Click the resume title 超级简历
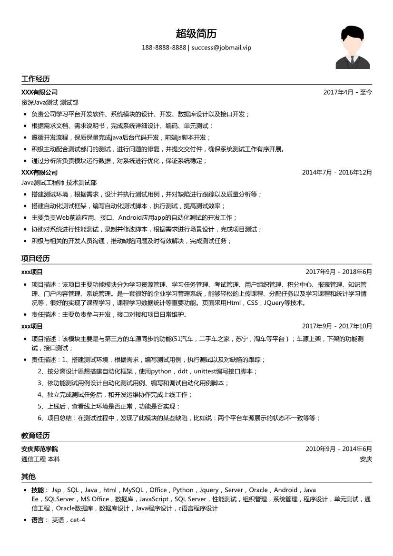[196, 34]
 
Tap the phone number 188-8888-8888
[164, 48]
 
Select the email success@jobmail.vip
[221, 48]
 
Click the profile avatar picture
[353, 48]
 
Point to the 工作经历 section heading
[35, 78]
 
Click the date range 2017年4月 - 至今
[347, 92]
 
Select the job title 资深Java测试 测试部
[50, 102]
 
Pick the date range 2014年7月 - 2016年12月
[337, 172]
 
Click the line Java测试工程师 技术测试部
[59, 182]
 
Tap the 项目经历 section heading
[35, 258]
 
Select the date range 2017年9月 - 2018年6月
[339, 272]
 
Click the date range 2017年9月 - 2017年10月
[337, 326]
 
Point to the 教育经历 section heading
[35, 435]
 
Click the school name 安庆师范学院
[39, 449]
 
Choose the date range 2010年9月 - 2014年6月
[339, 449]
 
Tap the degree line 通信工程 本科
[40, 459]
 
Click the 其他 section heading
[28, 476]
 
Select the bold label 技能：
[40, 490]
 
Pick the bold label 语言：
[40, 520]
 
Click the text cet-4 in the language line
[78, 520]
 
